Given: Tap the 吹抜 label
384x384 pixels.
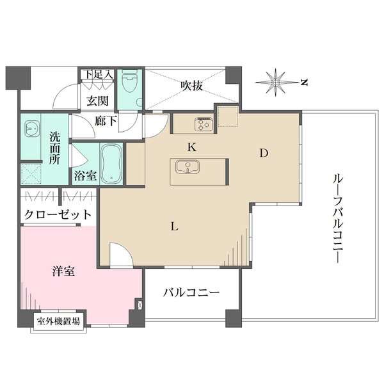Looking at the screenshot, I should [x=191, y=85].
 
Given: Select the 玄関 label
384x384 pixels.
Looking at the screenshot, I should [x=98, y=100].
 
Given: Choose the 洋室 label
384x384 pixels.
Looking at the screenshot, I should [x=63, y=271].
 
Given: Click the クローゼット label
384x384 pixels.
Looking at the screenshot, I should [x=58, y=214].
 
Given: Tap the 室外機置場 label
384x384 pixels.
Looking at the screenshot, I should [x=58, y=321].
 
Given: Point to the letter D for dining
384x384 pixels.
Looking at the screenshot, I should [x=263, y=153].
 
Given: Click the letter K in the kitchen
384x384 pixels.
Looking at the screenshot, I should [x=191, y=147].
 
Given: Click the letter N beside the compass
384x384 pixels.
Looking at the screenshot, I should [x=305, y=82].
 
